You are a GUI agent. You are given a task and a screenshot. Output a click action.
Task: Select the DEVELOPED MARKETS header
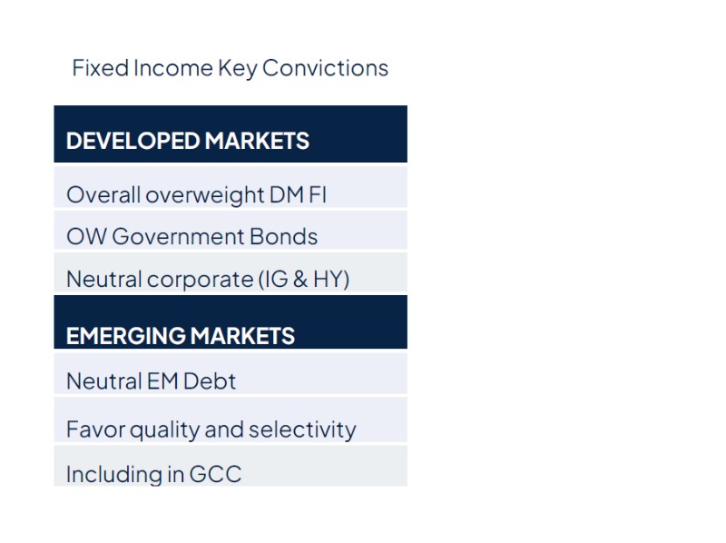[188, 141]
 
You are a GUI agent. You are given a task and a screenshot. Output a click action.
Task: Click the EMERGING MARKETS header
[181, 335]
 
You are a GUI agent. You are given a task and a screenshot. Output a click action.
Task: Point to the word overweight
[204, 194]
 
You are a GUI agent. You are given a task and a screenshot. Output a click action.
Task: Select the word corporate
[199, 279]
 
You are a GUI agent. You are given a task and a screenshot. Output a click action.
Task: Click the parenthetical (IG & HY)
[304, 279]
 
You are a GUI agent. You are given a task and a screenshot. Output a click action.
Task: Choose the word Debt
[210, 381]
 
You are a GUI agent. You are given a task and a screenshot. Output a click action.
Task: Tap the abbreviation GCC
[217, 474]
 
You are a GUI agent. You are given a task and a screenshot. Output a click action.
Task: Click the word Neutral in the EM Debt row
[98, 381]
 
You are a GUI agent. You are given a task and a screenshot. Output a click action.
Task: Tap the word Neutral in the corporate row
[98, 279]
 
